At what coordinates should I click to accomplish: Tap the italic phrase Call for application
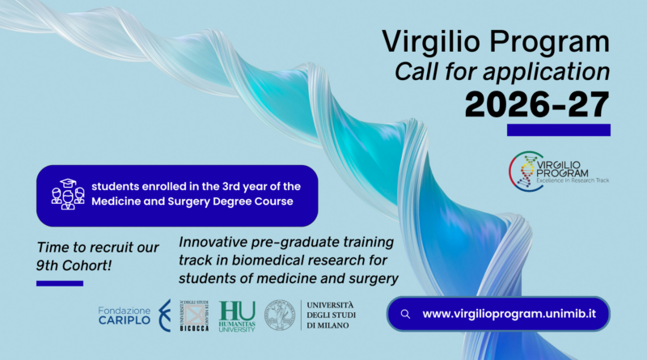pos(501,72)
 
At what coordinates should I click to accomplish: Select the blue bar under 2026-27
pos(558,129)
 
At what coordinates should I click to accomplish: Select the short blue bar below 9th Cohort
pos(60,283)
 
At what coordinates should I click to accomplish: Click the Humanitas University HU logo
pos(237,315)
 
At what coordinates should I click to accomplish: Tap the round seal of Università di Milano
pos(281,315)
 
